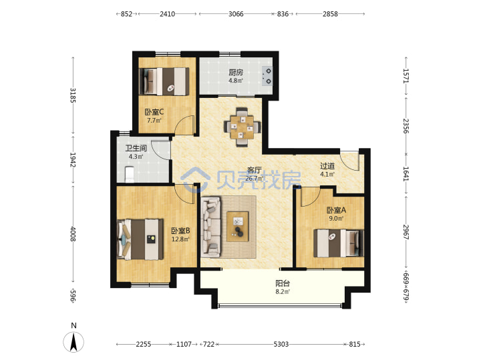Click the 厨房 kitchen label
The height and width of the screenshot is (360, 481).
236,72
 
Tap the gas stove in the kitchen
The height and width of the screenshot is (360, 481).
267,76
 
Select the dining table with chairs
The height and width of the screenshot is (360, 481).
243,127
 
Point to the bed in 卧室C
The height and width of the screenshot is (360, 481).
164,81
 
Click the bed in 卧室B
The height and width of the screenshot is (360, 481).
140,239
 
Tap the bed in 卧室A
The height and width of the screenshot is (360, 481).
339,243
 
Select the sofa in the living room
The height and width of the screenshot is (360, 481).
211,227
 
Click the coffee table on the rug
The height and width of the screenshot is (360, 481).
237,227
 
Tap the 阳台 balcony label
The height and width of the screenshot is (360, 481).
283,283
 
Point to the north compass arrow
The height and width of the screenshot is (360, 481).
73,342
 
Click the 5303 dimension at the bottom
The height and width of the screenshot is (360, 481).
281,344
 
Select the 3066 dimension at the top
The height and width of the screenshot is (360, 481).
236,14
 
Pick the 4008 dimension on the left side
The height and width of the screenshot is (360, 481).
73,233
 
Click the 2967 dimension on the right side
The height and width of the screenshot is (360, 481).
406,232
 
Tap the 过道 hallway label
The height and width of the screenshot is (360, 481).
327,166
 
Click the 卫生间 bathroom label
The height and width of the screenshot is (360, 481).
136,148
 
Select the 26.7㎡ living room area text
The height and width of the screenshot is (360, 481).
255,178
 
